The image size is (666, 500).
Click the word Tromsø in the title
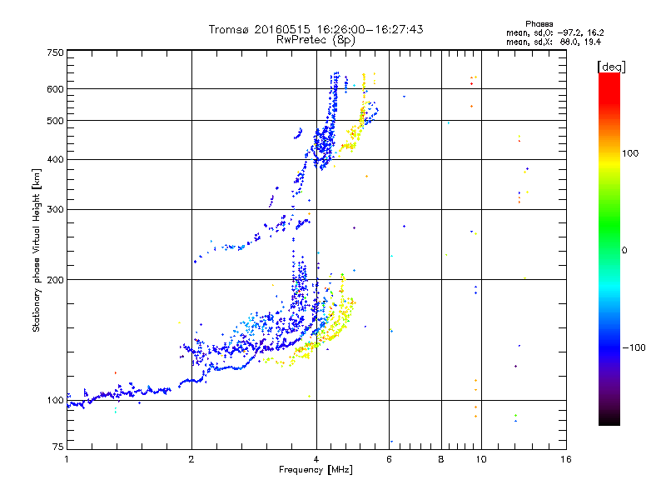[229, 29]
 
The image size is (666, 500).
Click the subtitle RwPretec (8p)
[316, 40]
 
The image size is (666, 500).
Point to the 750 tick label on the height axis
[55, 52]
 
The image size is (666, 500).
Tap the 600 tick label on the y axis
[55, 89]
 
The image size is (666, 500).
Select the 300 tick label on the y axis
[55, 209]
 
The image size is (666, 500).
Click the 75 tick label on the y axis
[58, 447]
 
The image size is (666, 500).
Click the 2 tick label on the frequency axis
[191, 459]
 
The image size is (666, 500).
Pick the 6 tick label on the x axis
[389, 459]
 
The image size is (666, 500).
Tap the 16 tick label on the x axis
[566, 459]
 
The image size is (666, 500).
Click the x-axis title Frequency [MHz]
[316, 470]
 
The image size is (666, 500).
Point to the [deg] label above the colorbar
[611, 67]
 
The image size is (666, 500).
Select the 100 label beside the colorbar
[630, 153]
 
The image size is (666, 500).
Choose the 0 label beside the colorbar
[624, 251]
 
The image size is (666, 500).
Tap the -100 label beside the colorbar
[634, 347]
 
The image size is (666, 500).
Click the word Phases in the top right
[539, 24]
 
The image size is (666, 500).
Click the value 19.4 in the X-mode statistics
[593, 42]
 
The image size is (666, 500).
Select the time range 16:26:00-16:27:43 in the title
[370, 29]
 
